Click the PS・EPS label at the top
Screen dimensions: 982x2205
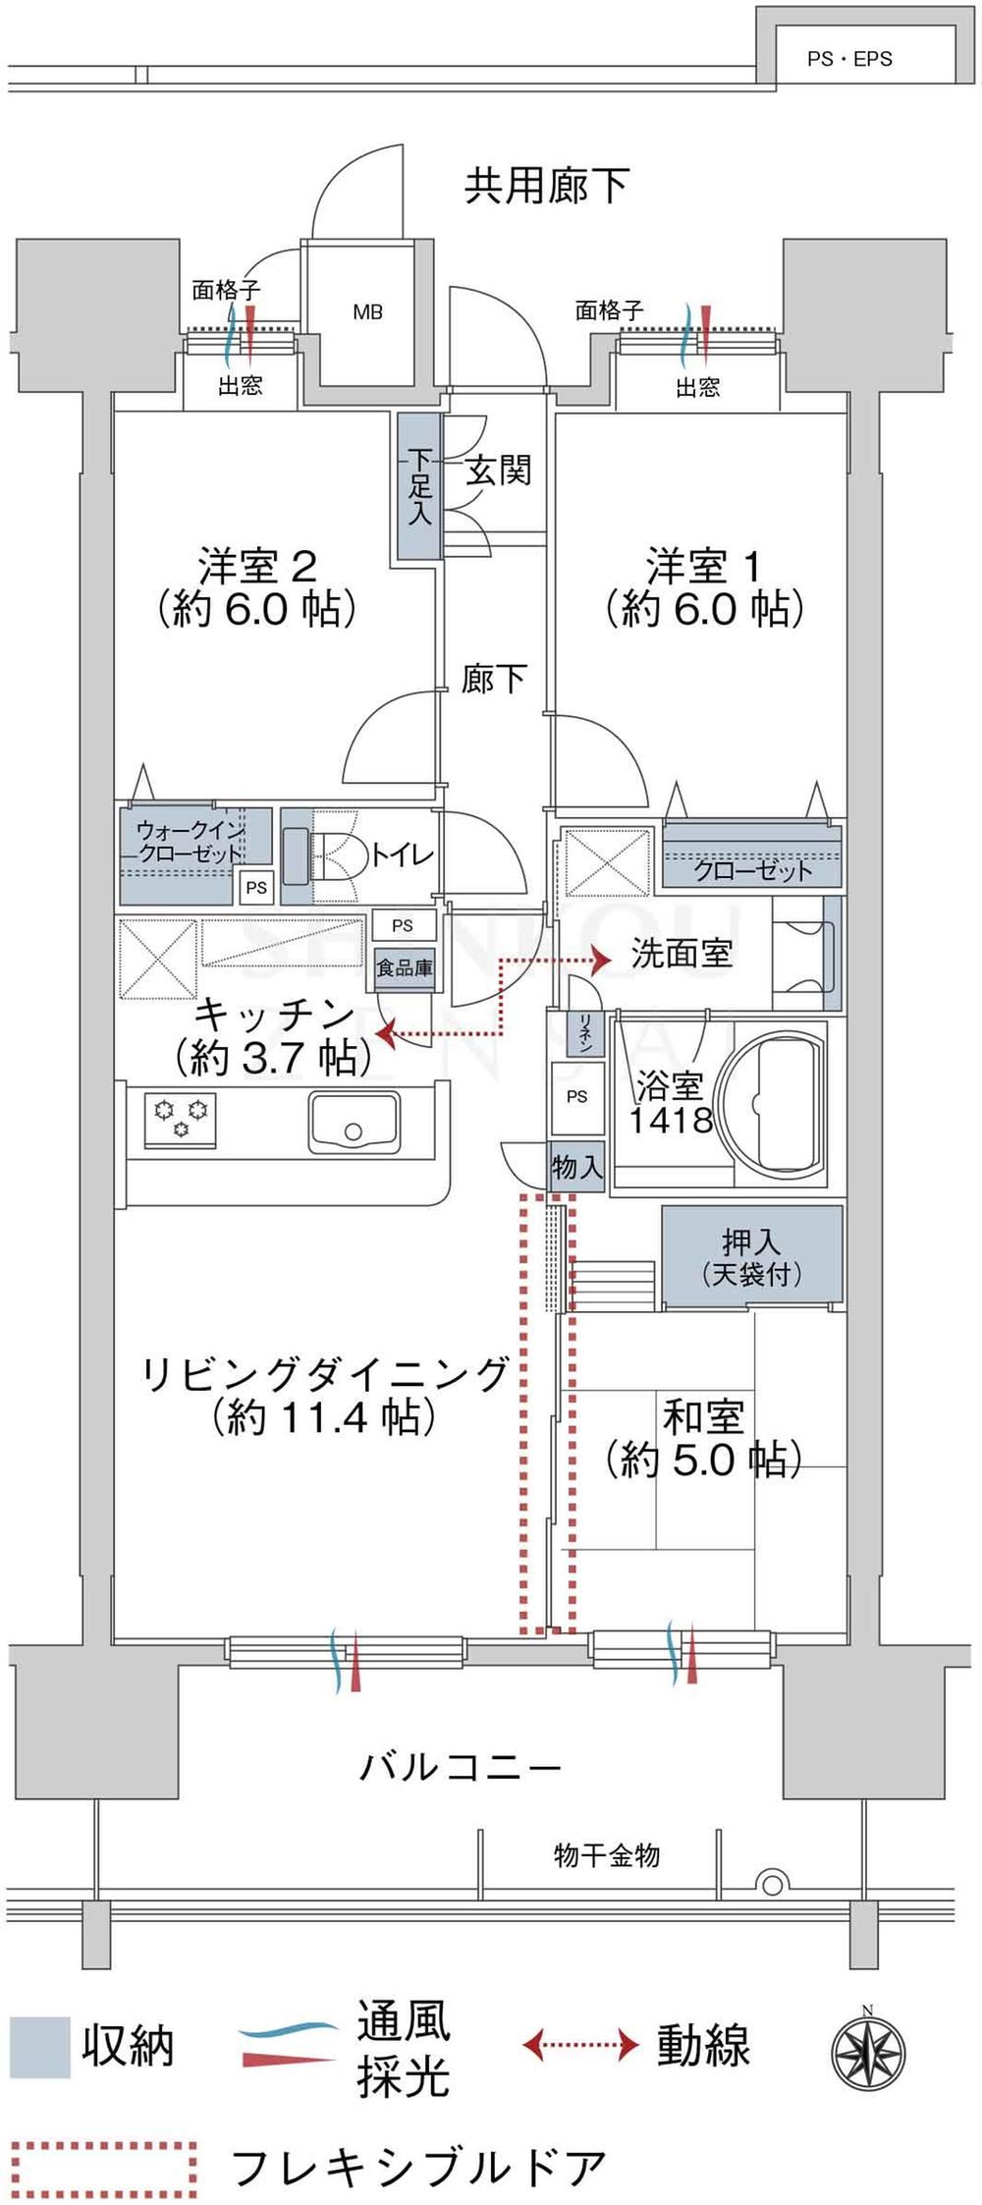pyautogui.click(x=849, y=60)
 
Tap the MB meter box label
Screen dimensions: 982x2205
pyautogui.click(x=368, y=312)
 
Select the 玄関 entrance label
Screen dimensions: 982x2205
pyautogui.click(x=498, y=470)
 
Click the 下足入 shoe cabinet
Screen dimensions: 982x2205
pyautogui.click(x=419, y=486)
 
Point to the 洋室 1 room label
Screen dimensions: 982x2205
pyautogui.click(x=704, y=587)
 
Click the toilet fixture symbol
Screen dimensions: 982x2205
pyautogui.click(x=323, y=857)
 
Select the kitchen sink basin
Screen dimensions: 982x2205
pyautogui.click(x=355, y=1121)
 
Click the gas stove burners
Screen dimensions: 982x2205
pyautogui.click(x=181, y=1118)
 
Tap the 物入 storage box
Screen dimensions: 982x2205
pyautogui.click(x=576, y=1167)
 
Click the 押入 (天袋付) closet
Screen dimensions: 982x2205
pyautogui.click(x=752, y=1256)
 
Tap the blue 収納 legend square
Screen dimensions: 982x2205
pyautogui.click(x=40, y=2048)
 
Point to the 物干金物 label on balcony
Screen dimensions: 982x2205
pyautogui.click(x=607, y=1855)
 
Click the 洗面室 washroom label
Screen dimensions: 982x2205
pyautogui.click(x=682, y=954)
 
